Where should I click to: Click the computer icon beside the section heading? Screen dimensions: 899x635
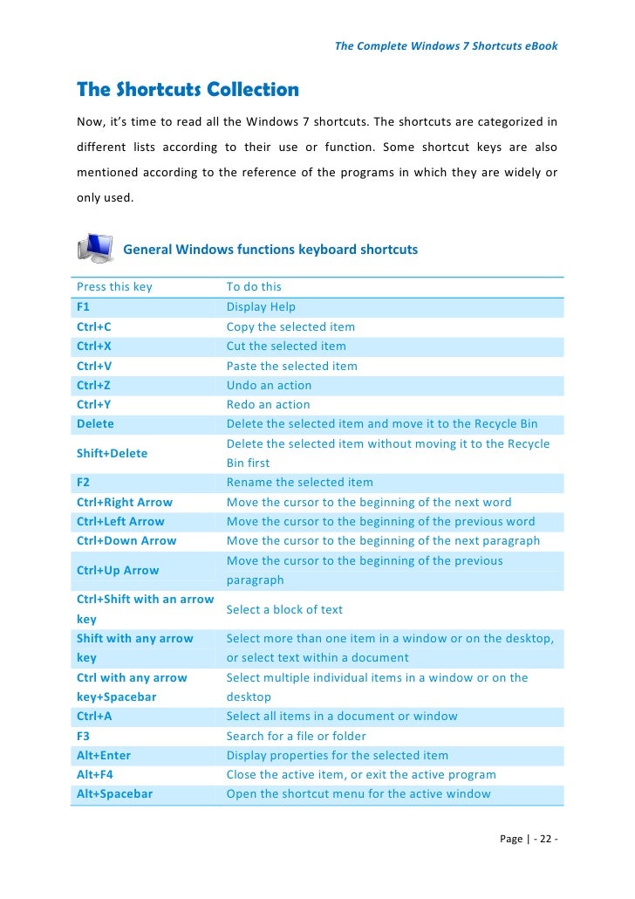(95, 249)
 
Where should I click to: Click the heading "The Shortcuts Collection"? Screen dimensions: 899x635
(188, 90)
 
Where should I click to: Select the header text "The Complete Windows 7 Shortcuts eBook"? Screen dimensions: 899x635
(446, 45)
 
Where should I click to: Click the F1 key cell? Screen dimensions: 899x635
(84, 307)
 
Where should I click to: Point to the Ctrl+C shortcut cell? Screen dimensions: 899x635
(94, 326)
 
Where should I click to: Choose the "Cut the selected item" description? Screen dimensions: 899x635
(286, 346)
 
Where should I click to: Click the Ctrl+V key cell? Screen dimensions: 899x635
(94, 366)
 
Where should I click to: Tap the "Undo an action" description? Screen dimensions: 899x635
(269, 385)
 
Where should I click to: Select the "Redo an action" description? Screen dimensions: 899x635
(268, 404)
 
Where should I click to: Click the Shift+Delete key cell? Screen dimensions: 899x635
(112, 453)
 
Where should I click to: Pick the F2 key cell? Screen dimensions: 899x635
(84, 482)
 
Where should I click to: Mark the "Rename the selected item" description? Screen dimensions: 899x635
(299, 482)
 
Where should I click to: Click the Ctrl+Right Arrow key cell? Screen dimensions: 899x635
(125, 502)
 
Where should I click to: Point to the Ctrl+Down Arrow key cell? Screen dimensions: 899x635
(126, 540)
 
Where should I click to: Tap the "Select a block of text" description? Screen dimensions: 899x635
(284, 609)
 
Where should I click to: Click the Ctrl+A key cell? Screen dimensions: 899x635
(94, 716)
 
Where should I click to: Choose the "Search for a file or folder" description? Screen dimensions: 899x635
(297, 736)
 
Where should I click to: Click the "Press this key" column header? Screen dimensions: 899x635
(114, 286)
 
